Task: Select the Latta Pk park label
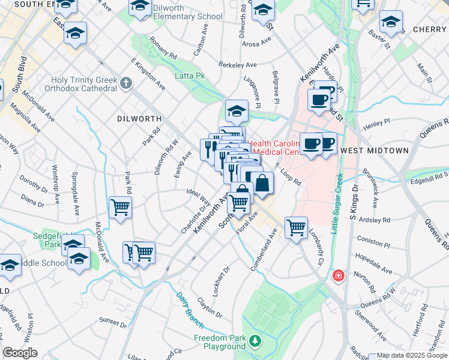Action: coord(190,76)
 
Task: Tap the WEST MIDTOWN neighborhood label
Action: coord(374,150)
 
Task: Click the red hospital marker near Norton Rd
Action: coord(339,276)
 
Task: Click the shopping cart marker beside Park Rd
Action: coord(121,208)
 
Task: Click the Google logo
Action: coord(20,353)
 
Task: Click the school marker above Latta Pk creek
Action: coord(237,110)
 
